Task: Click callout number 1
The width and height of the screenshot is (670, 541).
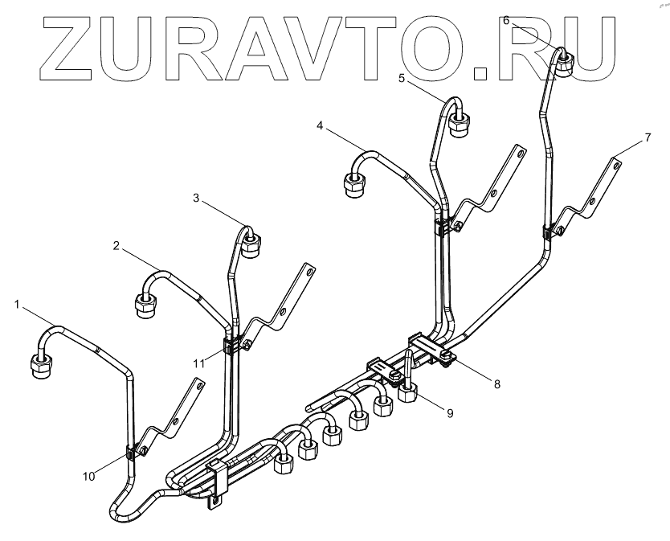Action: click(x=17, y=304)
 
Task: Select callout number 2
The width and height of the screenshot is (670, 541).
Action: click(x=116, y=247)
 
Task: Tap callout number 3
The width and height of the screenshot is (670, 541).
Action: click(x=198, y=198)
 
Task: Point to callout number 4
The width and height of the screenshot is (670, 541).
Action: click(x=320, y=126)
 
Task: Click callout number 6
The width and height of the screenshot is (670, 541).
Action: click(x=506, y=21)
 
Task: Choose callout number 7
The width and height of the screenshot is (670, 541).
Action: click(x=648, y=137)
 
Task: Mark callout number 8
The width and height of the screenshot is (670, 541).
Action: click(x=496, y=384)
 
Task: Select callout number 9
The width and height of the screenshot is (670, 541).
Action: click(x=450, y=413)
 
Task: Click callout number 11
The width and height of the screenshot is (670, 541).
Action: click(x=199, y=363)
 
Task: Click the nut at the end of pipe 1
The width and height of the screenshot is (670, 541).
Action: click(x=40, y=367)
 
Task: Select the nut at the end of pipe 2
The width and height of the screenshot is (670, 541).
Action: click(x=145, y=305)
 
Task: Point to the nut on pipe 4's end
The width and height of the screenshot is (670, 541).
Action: click(x=353, y=185)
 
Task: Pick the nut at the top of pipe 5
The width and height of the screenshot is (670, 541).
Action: click(x=460, y=124)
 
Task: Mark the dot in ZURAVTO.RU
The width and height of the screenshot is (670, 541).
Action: click(x=481, y=75)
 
